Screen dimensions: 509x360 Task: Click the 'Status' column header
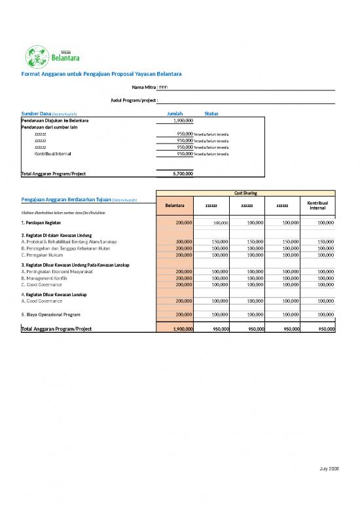211,113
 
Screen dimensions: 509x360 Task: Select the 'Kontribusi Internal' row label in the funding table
53,153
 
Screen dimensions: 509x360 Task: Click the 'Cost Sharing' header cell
245,193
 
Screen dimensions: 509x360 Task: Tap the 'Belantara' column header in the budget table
175,206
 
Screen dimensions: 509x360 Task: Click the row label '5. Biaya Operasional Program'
51,314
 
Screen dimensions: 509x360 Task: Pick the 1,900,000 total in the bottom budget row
179,328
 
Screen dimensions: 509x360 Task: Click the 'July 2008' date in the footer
329,468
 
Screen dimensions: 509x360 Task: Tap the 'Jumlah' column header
175,113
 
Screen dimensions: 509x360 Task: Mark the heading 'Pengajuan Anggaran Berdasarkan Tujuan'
66,199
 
